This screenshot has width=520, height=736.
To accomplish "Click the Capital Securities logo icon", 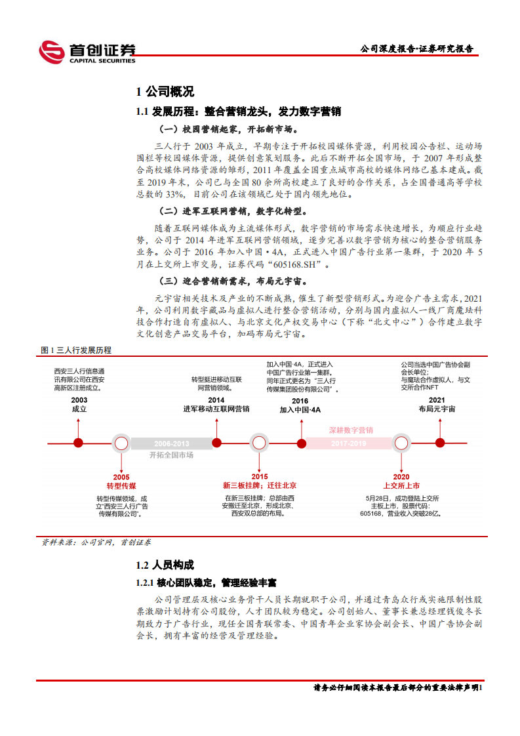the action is (x=51, y=52).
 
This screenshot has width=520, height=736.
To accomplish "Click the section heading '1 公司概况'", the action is (x=165, y=92).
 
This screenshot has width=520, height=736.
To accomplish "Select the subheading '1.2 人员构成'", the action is (x=165, y=565).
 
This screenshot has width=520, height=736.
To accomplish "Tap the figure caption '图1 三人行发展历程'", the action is (x=76, y=350).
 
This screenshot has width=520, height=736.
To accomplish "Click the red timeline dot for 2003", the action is (x=79, y=443).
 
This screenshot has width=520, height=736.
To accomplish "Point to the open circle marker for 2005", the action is (x=121, y=443).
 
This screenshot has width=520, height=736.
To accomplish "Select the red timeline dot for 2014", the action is (x=216, y=443).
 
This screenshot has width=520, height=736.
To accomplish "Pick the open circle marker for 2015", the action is (x=259, y=443).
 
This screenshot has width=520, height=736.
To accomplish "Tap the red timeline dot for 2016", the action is (x=300, y=443).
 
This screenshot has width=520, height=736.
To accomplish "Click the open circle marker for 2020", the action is (x=401, y=443).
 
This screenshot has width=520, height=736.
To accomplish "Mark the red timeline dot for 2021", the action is (x=437, y=443).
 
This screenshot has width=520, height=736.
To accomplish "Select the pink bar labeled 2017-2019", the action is (x=350, y=443).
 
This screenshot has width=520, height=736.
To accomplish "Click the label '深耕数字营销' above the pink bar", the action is (x=351, y=430).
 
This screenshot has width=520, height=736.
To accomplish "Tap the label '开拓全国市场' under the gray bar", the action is (x=171, y=455).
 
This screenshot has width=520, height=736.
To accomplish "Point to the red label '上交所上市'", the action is (x=401, y=485).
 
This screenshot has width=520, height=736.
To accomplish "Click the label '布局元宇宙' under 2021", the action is (x=437, y=409).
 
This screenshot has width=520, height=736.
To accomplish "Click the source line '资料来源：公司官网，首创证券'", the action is (x=96, y=542).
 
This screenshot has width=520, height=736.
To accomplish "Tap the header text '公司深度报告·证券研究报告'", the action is (x=417, y=49).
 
